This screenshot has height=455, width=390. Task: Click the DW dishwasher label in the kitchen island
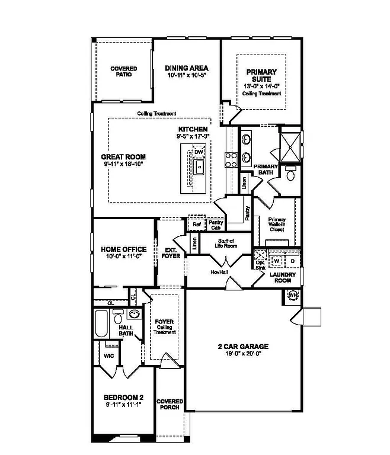[x=199, y=152]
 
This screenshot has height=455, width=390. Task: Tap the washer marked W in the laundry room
[x=277, y=261]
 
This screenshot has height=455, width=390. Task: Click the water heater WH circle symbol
[x=293, y=295]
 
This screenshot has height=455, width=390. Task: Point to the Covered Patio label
[x=123, y=72]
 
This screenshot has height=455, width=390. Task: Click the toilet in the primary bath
[x=290, y=174]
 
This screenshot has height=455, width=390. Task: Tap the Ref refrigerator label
[x=195, y=225]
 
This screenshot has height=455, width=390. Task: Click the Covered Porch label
[x=170, y=405]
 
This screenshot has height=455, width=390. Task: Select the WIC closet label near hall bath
[x=108, y=356]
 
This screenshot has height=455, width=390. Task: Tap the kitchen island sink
[x=200, y=166]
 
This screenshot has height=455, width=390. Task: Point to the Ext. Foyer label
[x=171, y=253]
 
